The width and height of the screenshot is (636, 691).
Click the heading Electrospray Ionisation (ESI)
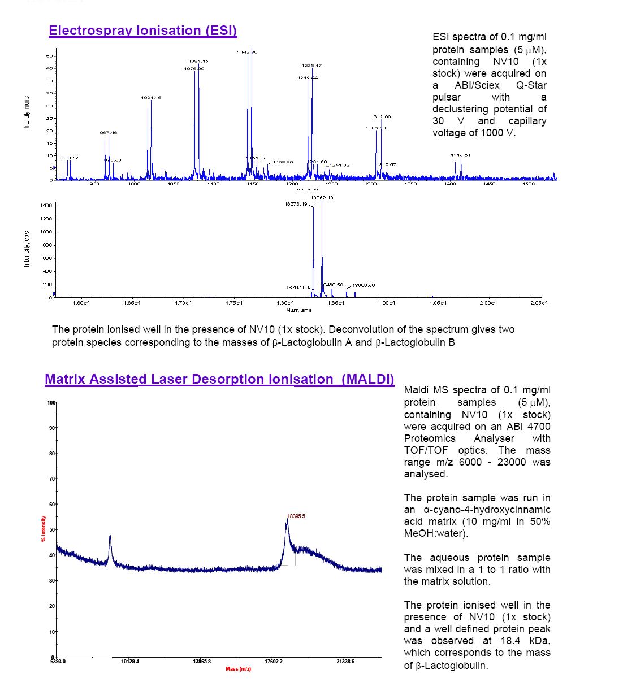coord(142,31)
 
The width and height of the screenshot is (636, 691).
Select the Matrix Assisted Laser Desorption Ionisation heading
coord(219,379)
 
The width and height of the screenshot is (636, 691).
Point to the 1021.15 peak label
coord(151,98)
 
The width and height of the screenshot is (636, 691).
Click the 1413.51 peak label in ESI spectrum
coord(460,155)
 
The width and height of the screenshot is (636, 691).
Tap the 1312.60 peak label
coord(380,116)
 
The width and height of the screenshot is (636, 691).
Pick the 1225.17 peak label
coord(311,66)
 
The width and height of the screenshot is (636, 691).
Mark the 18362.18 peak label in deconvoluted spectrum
coord(322,198)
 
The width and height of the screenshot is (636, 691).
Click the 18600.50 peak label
coord(364,285)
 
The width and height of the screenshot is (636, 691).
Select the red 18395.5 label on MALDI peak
coord(296,516)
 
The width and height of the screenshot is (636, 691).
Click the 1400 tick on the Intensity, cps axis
coord(46,206)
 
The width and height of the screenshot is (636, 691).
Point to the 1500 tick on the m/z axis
coord(529,184)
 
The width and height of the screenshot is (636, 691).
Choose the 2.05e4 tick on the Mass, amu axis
coord(539,303)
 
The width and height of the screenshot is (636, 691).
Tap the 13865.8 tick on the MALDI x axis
coord(202,662)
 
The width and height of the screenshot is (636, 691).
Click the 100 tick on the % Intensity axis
coord(51,403)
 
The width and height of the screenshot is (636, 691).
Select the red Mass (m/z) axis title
coord(238,669)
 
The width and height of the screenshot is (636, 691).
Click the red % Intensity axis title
coord(44,529)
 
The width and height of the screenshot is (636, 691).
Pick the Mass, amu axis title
coord(298,310)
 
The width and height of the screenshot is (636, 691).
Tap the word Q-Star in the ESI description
coord(531,85)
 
